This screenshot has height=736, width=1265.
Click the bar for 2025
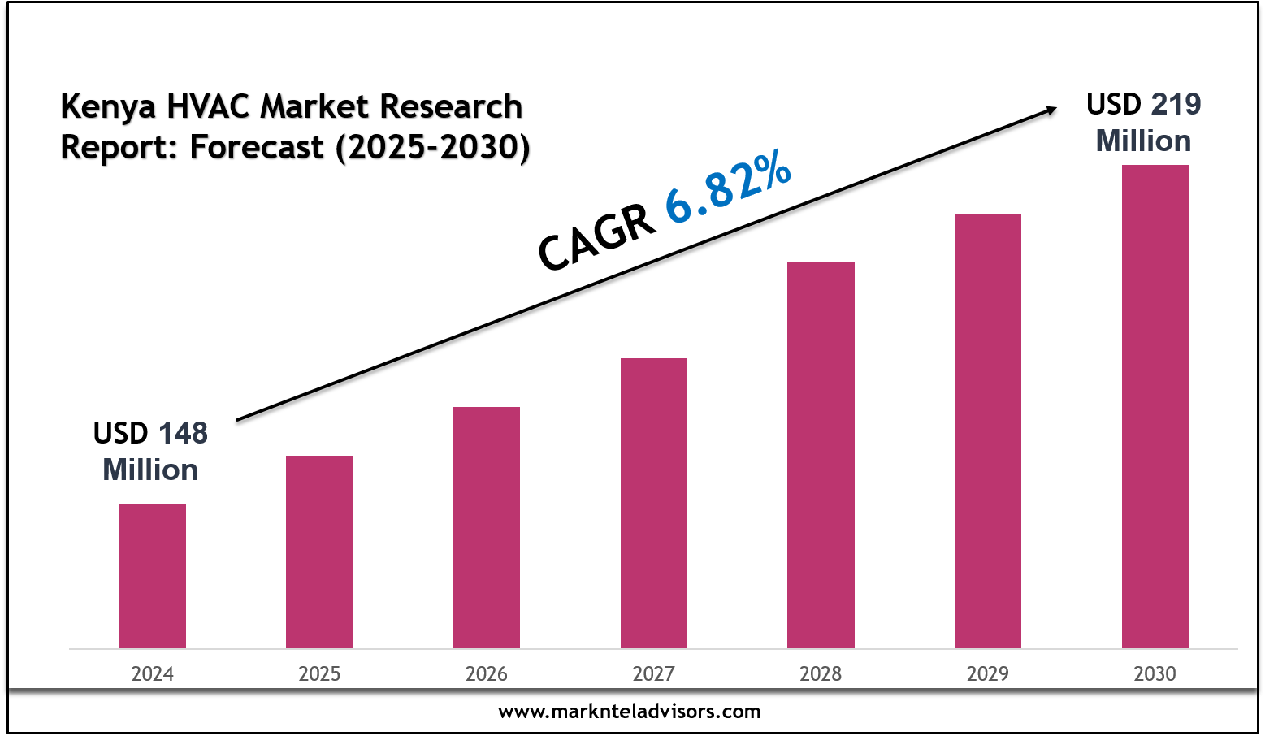coord(319,552)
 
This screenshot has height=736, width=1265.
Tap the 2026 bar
coord(487,527)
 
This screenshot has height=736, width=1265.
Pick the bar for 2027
coord(654,503)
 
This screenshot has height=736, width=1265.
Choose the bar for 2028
coord(821,455)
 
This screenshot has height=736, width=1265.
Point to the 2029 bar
coord(988,431)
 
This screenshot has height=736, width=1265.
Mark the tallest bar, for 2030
coord(1155,406)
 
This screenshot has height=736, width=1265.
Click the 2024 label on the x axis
coord(153,673)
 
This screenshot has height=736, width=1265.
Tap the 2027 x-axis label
coord(654,673)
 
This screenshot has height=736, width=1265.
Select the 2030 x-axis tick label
coord(1155,673)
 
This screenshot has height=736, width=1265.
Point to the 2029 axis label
coord(988,673)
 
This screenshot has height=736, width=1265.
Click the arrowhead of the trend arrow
coord(1050,110)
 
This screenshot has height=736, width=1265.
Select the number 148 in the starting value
coord(183,433)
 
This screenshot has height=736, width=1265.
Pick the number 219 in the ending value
coord(1176,104)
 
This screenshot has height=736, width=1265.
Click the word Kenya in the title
coord(108,107)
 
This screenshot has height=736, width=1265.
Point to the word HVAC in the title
coord(210,106)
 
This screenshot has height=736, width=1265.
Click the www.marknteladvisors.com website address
coord(630,712)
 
